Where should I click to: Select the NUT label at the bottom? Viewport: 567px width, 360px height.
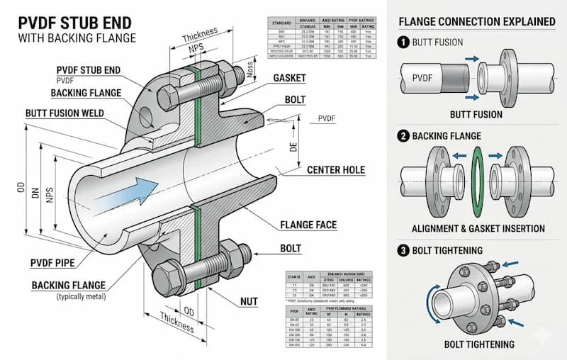249,302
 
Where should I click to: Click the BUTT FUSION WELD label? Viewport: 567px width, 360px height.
64,113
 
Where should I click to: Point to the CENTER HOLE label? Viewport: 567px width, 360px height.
336,170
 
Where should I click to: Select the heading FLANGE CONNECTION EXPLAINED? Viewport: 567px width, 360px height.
477,21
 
